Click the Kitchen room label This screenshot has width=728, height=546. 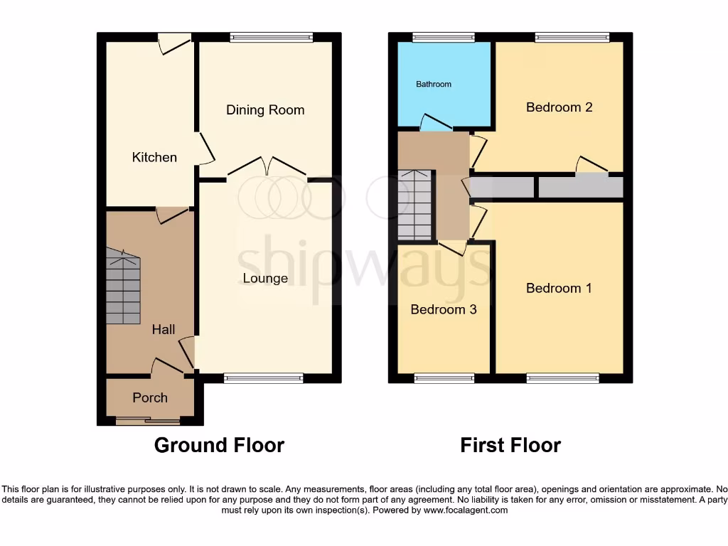[154, 157]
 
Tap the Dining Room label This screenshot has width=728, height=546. [265, 110]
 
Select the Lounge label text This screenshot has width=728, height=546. [265, 278]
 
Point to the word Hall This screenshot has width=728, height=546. [163, 330]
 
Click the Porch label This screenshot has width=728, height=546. [150, 397]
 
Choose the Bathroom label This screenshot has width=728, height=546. [434, 84]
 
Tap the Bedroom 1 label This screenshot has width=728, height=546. [559, 288]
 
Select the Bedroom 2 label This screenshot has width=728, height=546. [559, 107]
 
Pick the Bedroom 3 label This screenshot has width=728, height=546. [444, 310]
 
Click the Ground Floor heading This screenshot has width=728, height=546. [219, 446]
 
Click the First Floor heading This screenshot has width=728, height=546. [510, 446]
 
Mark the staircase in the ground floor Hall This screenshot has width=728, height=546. [123, 286]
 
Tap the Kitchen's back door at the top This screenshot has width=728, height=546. [173, 42]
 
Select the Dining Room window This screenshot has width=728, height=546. [271, 37]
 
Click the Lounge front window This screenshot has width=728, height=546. [263, 378]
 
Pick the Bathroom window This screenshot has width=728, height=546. [444, 37]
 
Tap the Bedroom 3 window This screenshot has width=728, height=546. [444, 378]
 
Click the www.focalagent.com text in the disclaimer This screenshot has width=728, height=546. [466, 510]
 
